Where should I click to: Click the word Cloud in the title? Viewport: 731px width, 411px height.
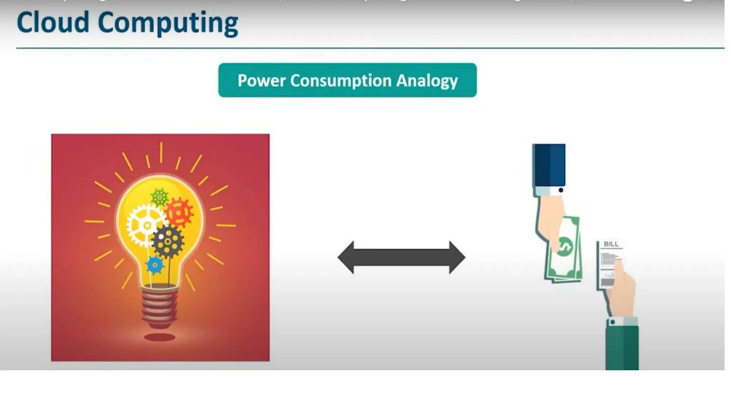53,22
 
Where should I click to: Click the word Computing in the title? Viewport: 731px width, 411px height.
167,24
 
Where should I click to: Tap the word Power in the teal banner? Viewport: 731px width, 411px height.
261,81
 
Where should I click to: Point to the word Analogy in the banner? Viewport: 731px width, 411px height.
427,81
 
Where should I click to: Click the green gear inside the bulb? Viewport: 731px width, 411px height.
159,197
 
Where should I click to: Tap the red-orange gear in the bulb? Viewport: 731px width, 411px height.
179,212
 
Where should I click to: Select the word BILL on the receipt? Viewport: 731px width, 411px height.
611,244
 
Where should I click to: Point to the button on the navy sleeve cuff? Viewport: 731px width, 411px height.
561,190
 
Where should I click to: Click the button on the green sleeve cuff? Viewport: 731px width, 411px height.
612,322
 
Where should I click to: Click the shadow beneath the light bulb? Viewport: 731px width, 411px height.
159,337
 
